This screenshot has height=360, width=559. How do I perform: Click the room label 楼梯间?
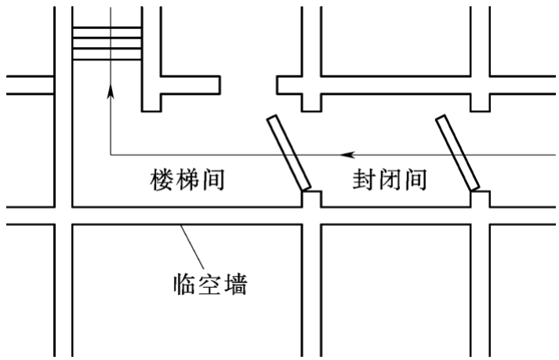(x=187, y=181)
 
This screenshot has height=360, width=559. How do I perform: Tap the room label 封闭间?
(x=389, y=181)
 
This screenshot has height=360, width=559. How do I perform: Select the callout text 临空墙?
(x=210, y=283)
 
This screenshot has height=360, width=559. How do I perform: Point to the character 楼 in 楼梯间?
(x=162, y=181)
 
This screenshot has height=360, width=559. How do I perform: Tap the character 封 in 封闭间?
(x=364, y=181)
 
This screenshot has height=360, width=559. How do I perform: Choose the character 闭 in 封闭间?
(x=389, y=181)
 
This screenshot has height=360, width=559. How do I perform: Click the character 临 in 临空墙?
(x=185, y=283)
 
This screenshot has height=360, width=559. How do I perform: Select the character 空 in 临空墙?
(x=210, y=283)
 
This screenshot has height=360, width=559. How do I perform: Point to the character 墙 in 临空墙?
(x=235, y=283)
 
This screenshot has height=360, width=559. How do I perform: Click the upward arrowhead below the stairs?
(x=110, y=93)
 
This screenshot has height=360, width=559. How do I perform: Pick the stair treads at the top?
(x=107, y=44)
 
